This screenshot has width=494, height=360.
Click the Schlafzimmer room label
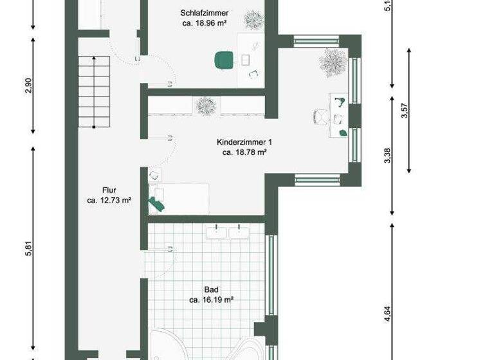point(205,13)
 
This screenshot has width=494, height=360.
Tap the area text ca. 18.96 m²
point(205,23)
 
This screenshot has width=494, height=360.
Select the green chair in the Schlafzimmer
point(224,60)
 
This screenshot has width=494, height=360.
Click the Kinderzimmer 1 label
point(244,142)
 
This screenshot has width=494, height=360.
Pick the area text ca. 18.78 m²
point(244,153)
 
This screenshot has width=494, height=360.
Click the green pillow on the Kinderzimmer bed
point(156,203)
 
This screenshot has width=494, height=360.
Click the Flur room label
point(109,190)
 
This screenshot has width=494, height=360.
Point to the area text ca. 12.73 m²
point(109,201)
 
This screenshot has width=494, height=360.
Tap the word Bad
point(211,289)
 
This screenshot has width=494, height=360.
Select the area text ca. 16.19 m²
point(211,300)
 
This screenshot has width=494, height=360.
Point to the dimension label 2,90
point(28,85)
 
